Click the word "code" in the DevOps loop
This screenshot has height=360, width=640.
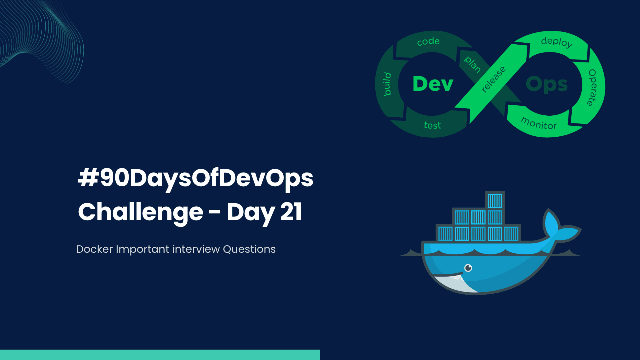click(428, 42)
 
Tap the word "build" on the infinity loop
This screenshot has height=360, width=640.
click(387, 84)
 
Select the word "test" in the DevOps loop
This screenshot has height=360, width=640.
click(433, 125)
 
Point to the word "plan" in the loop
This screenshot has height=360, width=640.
click(472, 63)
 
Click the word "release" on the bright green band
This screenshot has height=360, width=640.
click(493, 79)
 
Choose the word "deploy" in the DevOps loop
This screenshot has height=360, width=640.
click(557, 42)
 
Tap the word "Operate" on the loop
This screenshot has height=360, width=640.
click(592, 87)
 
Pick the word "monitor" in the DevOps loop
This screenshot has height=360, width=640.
click(539, 123)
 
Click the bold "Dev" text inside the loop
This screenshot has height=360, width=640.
click(433, 84)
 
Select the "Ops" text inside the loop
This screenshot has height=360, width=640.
click(547, 84)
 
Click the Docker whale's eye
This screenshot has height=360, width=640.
click(468, 268)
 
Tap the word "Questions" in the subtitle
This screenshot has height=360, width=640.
click(249, 249)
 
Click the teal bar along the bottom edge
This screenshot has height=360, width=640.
click(160, 355)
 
